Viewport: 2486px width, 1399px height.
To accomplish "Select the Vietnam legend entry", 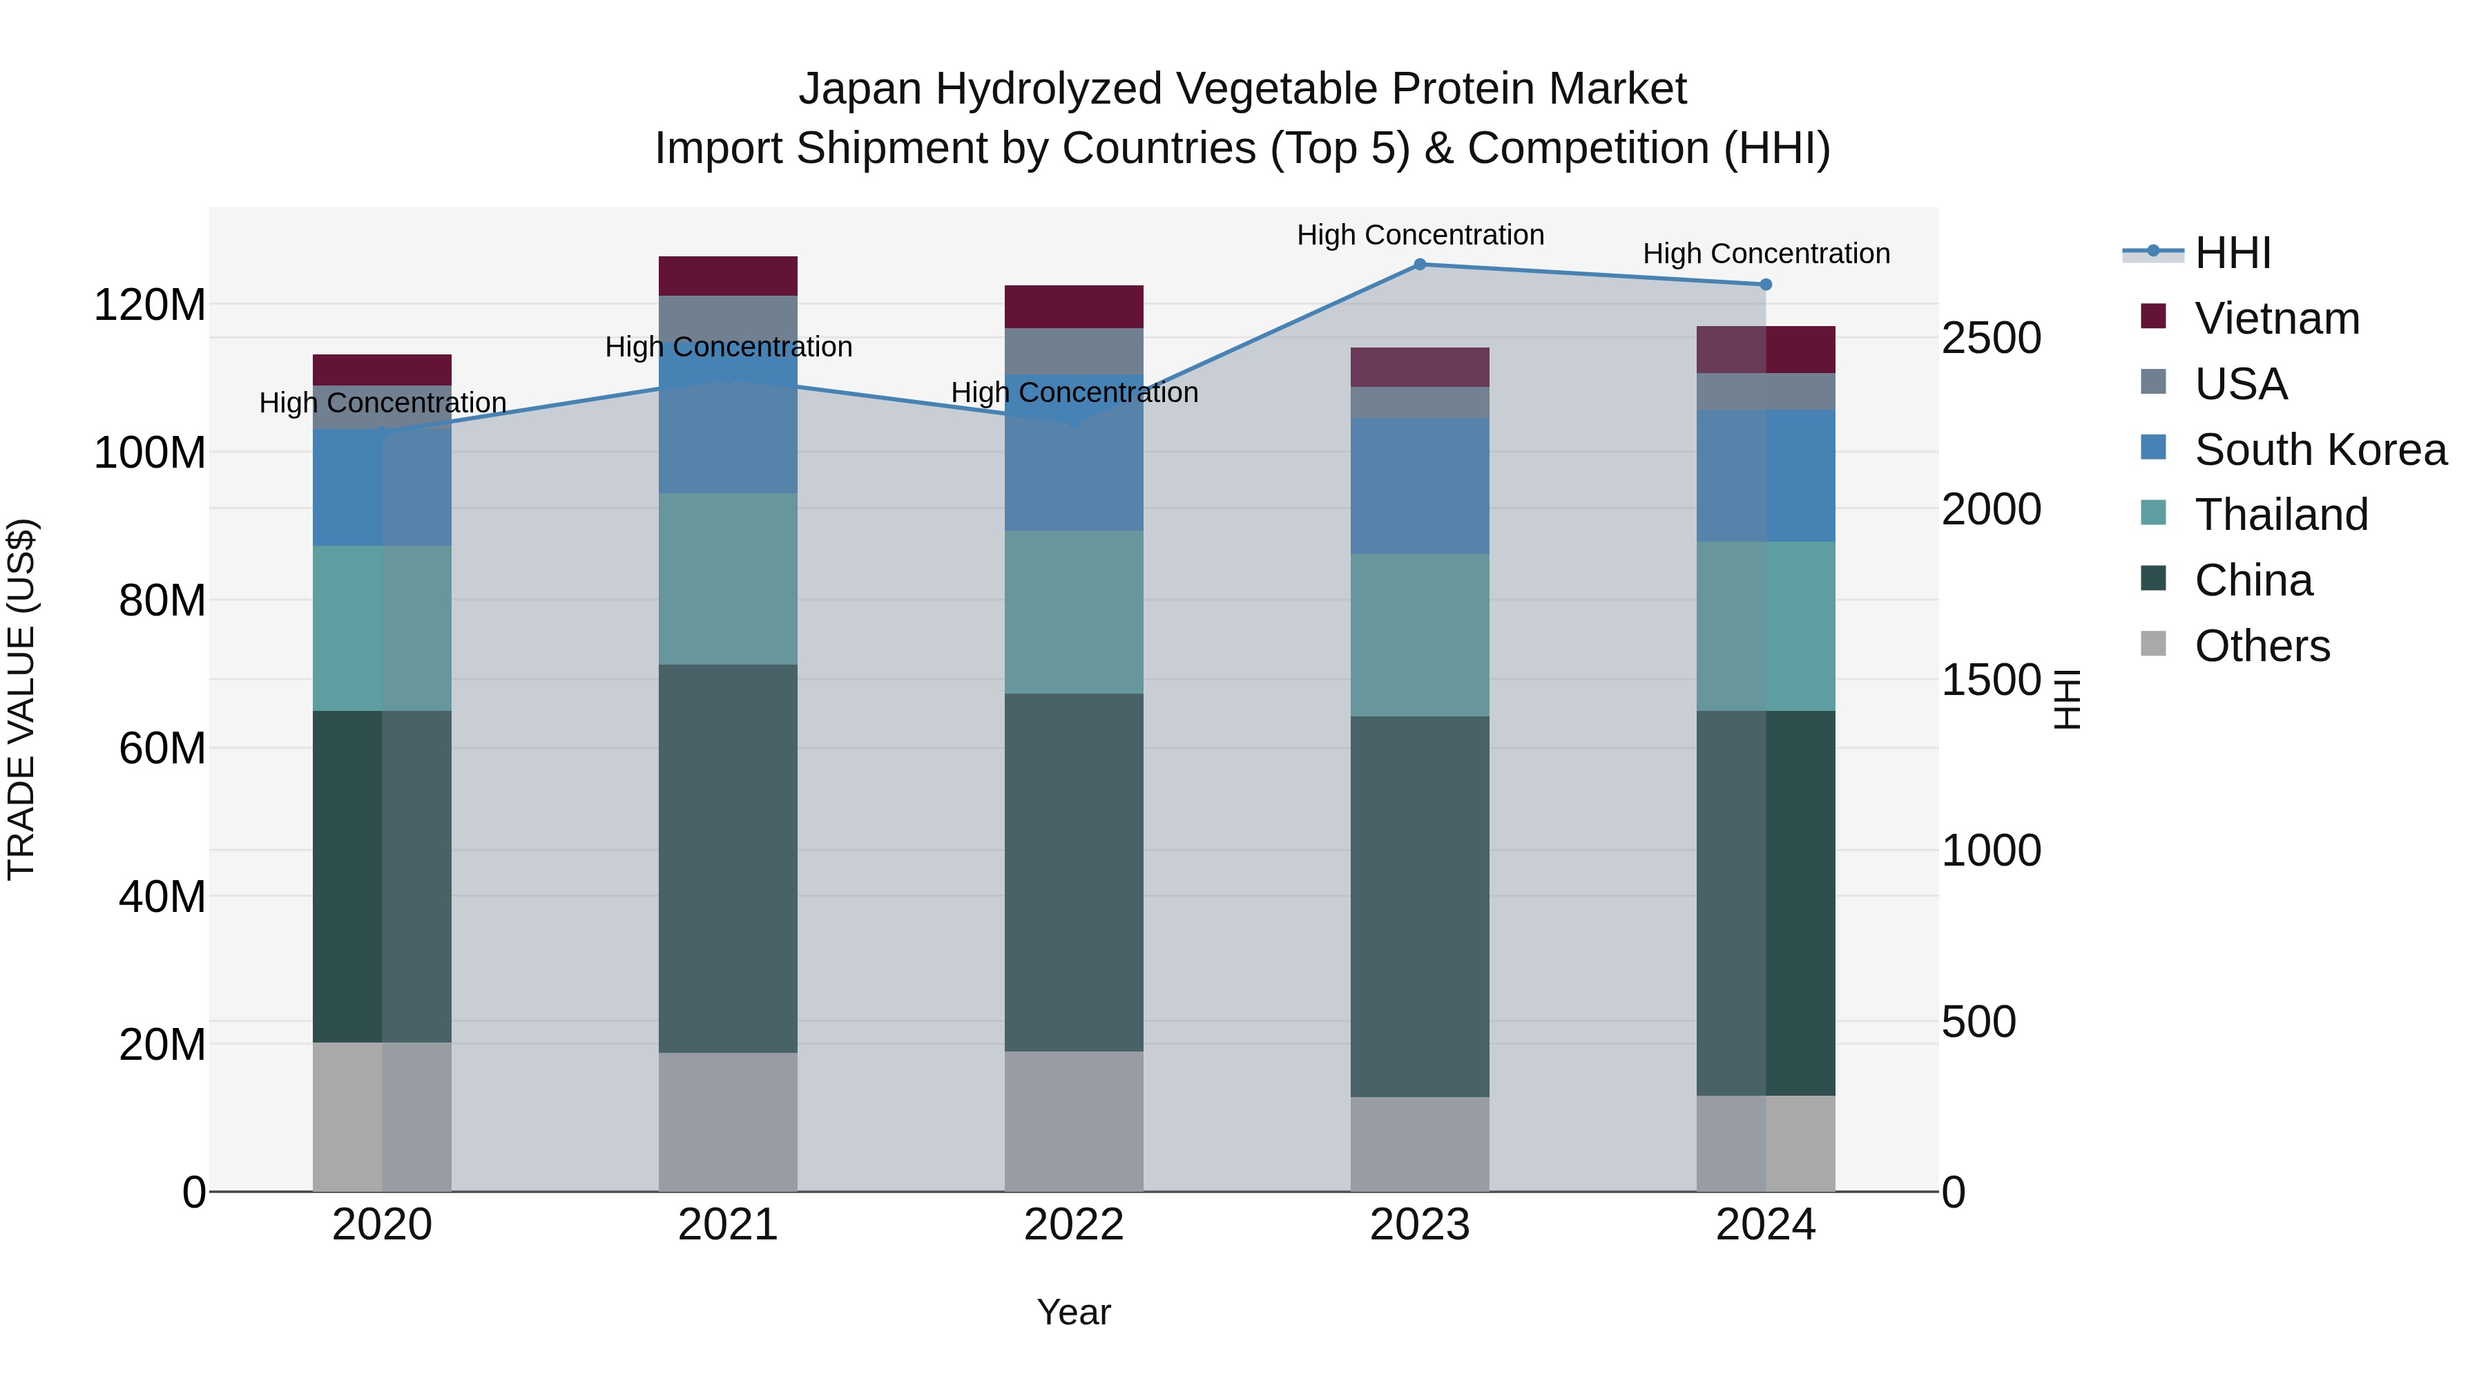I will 2275,318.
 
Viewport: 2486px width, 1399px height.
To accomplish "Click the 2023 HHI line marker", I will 1420,265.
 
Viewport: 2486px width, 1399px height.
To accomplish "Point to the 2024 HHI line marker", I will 1766,285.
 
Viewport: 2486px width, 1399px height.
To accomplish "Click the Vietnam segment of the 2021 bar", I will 728,276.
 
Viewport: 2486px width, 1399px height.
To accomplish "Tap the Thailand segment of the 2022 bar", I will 1073,611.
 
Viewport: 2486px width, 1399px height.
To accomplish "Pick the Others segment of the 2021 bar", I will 728,1121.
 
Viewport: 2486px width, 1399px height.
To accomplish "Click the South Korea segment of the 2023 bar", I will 1420,486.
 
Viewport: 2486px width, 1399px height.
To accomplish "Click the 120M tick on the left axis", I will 150,305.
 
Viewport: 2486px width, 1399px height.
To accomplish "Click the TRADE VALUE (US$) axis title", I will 21,699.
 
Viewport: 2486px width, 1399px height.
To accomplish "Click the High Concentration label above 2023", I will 1420,235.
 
